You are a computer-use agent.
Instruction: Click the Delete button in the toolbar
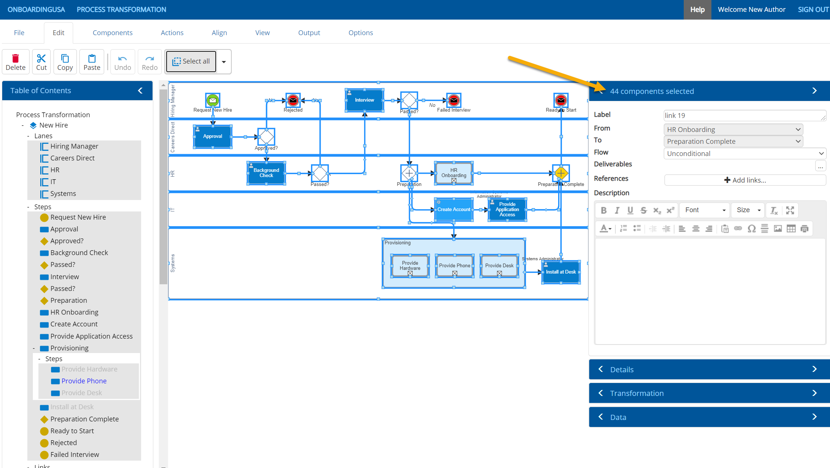(16, 62)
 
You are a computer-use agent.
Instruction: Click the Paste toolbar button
(92, 62)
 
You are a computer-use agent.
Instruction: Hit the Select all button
(191, 61)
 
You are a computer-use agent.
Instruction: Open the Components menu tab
(112, 33)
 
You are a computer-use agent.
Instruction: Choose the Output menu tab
(309, 33)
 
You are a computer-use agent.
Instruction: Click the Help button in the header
(697, 10)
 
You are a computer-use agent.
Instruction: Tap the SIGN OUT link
(813, 10)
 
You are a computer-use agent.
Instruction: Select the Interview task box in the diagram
(364, 100)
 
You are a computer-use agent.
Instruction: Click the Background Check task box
(266, 173)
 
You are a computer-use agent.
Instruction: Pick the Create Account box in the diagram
(454, 210)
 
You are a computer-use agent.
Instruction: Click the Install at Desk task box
(561, 272)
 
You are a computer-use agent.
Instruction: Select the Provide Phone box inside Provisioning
(454, 266)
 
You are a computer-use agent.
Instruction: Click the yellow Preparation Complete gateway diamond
(561, 173)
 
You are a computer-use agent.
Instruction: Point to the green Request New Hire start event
(212, 100)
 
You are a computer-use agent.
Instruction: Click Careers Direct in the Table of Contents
(72, 158)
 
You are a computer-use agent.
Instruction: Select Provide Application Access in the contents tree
(91, 336)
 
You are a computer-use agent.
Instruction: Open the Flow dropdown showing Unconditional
(745, 153)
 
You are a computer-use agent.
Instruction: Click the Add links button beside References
(745, 180)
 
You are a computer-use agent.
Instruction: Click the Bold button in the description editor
(604, 210)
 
